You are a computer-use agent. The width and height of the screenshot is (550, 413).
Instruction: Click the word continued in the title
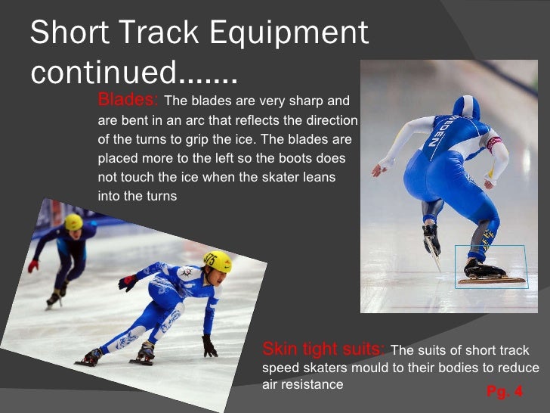pos(102,73)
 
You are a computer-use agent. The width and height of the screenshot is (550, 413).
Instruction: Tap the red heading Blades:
pos(128,101)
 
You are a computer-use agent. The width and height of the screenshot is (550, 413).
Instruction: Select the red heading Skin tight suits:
pos(323,349)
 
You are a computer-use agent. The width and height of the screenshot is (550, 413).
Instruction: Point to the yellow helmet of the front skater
pos(218,261)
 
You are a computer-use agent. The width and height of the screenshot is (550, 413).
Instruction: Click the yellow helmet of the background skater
pos(73,222)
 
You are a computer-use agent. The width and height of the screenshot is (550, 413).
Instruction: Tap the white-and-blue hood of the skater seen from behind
pos(466,108)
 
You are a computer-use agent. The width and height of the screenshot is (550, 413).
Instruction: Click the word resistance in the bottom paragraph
pos(311,385)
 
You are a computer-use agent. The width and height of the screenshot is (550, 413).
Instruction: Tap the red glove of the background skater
pos(32,265)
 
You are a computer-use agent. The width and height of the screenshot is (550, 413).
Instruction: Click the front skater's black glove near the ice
pos(209,347)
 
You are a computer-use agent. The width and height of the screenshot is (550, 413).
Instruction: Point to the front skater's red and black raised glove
pos(128,282)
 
